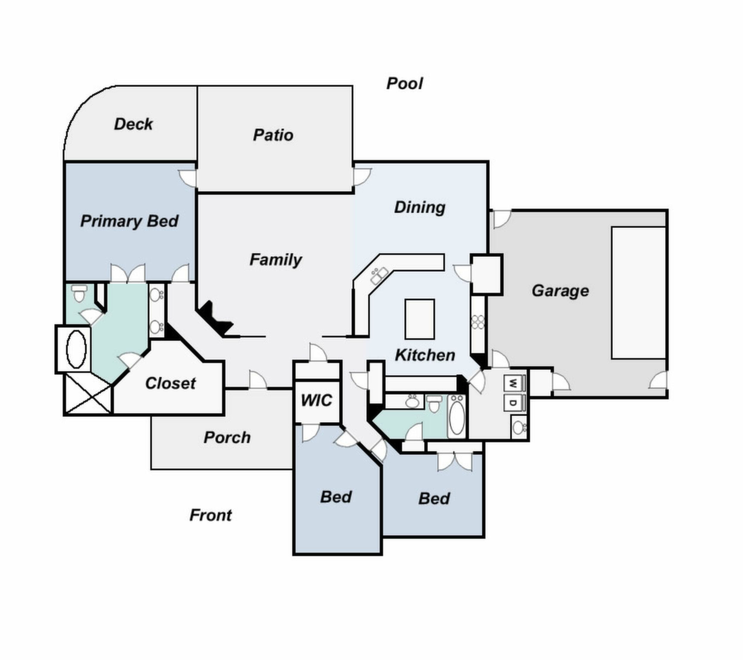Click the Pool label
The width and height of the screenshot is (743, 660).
404,84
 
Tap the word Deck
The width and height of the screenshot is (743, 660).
133,124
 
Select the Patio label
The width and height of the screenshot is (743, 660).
273,135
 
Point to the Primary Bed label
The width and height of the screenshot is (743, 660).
129,221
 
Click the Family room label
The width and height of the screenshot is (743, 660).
276,260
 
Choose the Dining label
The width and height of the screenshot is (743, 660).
420,207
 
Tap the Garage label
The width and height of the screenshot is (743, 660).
560,291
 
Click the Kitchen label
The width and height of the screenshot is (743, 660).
425,355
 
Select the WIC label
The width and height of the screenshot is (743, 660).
316,401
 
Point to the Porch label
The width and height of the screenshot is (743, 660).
227,438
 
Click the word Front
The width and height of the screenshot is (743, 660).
210,515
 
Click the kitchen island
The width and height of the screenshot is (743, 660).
420,319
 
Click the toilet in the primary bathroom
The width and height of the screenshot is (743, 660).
79,294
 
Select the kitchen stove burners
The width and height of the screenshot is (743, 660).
478,322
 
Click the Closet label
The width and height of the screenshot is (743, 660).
171,384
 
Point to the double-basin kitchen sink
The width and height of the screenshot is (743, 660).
379,276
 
